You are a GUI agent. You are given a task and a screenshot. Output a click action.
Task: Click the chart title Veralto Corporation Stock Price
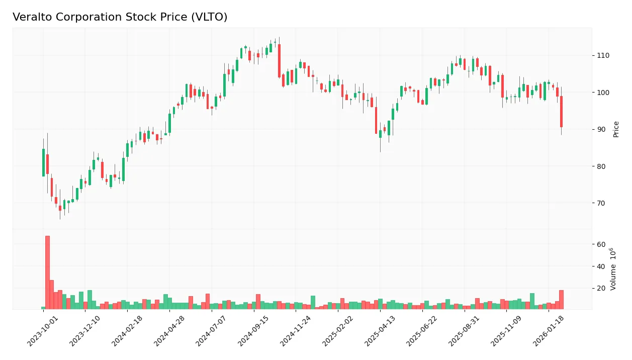tap(120, 17)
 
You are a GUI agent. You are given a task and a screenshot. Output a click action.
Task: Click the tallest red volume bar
tap(47, 272)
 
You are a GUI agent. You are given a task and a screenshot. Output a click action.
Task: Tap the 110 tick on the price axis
tap(603, 55)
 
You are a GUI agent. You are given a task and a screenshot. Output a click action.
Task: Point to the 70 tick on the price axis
tap(601, 203)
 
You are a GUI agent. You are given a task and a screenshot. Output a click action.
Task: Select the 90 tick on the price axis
tap(601, 129)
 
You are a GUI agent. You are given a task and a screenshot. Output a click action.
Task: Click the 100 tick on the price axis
tap(603, 93)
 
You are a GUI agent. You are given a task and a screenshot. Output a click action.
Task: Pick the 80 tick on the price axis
tap(601, 166)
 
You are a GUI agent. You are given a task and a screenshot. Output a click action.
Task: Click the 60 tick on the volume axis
tap(601, 244)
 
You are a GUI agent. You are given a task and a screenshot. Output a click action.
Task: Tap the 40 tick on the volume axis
tap(601, 266)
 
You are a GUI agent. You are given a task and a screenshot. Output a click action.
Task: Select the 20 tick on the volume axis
tap(601, 289)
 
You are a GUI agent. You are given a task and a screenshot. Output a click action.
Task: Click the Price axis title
tap(616, 129)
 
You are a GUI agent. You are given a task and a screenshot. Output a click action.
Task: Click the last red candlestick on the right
tap(561, 112)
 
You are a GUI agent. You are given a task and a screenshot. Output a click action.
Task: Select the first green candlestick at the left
tap(43, 162)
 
